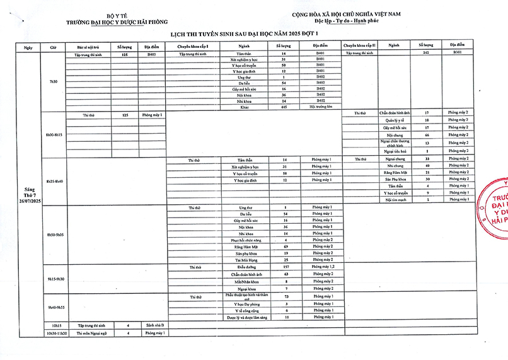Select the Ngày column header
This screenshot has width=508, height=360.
click(x=28, y=47)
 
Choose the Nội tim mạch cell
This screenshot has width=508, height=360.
click(x=395, y=200)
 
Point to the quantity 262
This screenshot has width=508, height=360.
click(x=426, y=54)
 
